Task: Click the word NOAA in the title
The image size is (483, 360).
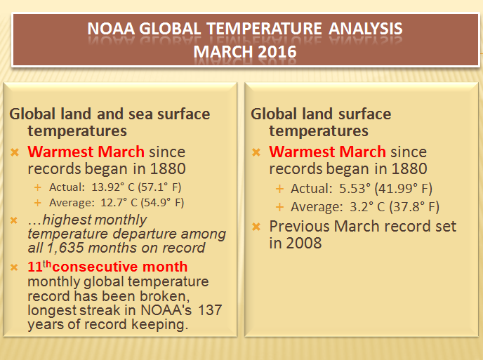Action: click(111, 29)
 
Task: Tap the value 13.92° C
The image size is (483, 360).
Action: click(113, 187)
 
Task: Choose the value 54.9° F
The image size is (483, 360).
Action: click(162, 203)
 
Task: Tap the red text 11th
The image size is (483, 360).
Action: click(39, 266)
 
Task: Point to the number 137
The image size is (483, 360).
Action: click(210, 310)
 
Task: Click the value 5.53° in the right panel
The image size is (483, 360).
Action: click(355, 189)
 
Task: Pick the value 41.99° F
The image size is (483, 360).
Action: click(404, 189)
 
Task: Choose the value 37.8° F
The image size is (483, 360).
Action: click(415, 206)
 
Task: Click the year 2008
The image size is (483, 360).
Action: click(304, 243)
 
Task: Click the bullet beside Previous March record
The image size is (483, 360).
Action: click(256, 227)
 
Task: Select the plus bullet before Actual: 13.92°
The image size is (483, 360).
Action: click(38, 187)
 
